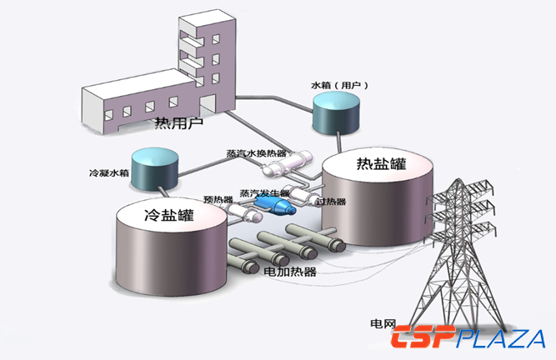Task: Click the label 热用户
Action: pos(178,124)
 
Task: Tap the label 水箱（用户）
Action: pos(339,85)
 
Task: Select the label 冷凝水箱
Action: pos(108,174)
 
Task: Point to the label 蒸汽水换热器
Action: pos(256,154)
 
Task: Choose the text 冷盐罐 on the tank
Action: pos(169,217)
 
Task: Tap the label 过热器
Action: pos(332,201)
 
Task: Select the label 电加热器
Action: pos(290,272)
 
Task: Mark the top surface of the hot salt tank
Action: pos(380,167)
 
